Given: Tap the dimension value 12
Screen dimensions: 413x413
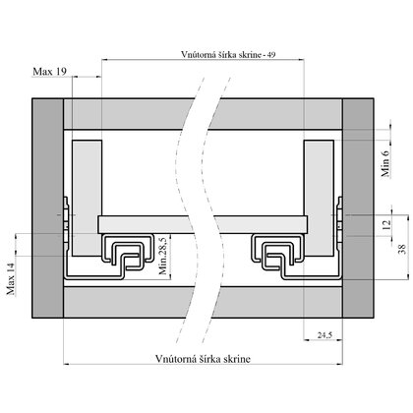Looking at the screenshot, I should tap(386, 223).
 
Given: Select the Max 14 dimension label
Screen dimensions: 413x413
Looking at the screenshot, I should tap(13, 279).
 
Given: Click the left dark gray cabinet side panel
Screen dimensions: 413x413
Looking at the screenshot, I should tap(48, 206).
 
